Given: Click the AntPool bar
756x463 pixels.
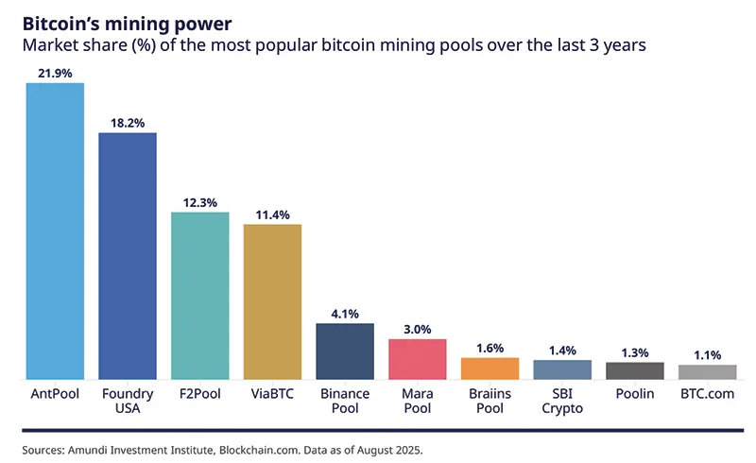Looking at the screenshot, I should point(55,231).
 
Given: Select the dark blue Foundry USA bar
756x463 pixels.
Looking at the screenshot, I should point(128,255).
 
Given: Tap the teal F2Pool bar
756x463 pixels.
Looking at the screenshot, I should point(199,295).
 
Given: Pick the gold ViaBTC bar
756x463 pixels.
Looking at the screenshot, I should point(272,300).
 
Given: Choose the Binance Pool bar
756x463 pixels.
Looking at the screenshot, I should point(345,351).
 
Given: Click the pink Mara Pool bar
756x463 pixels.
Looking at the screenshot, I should point(417,359).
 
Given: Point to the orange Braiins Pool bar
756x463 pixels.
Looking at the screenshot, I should point(490,368).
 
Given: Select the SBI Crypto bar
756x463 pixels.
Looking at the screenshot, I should point(562,369).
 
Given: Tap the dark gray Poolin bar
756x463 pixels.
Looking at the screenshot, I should point(635,370).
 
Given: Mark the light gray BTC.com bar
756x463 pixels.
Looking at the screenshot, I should point(707,371).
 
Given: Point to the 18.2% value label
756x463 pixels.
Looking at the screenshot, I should point(128,123).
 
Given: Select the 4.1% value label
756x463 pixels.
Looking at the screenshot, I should point(345,314).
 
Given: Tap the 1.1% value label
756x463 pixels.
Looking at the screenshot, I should point(707,355).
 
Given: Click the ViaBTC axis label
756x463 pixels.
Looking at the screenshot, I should point(272,393).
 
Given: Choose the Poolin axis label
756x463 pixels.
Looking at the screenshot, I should point(635,393).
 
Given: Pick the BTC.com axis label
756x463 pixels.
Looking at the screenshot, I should point(707,393).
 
